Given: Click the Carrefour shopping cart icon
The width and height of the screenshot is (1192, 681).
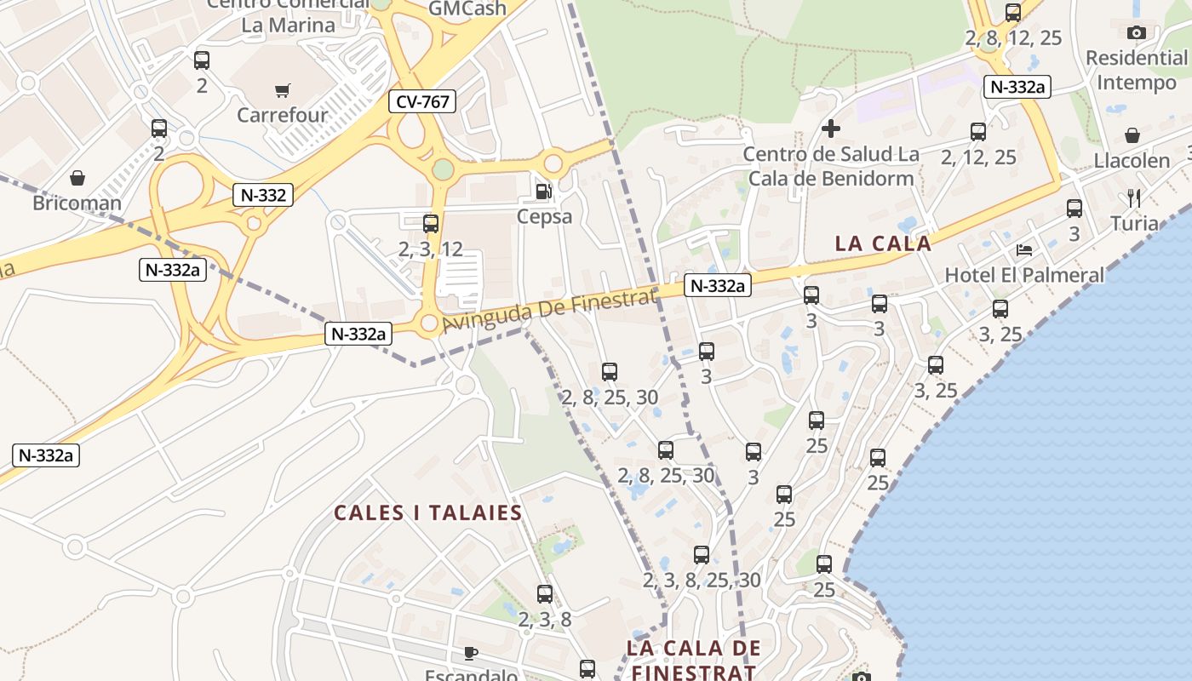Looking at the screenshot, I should tap(282, 90).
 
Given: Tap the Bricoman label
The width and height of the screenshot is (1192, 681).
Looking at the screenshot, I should tap(77, 203).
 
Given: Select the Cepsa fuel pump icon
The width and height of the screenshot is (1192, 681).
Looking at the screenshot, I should tap(543, 192).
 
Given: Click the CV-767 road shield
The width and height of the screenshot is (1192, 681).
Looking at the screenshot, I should tap(423, 102).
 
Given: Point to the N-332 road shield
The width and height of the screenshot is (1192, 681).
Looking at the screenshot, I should tap(263, 195).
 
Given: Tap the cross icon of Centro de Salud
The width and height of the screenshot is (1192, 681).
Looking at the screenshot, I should tap(831, 129).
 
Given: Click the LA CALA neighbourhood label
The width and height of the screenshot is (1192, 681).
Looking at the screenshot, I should tap(883, 243).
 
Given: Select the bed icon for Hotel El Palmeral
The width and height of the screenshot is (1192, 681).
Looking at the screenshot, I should tap(1024, 249).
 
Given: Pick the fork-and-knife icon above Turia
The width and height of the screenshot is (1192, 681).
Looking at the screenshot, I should tap(1134, 198).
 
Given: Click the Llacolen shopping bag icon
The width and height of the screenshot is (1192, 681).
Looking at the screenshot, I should tap(1132, 135).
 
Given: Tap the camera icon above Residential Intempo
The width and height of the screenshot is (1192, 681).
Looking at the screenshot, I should tap(1136, 33).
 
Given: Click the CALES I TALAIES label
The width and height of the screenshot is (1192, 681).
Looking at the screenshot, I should tap(427, 512).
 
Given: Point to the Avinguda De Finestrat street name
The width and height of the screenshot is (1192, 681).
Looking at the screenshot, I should tap(549, 311).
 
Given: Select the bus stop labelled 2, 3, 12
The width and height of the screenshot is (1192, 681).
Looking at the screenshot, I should tap(431, 224).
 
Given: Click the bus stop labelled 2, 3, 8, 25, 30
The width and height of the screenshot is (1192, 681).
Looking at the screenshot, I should tap(702, 555).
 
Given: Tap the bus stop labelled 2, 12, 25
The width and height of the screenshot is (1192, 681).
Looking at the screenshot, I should tap(978, 132).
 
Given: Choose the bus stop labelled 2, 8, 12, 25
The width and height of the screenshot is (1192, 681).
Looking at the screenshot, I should tap(1013, 13).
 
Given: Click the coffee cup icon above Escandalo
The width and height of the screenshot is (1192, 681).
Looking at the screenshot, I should tap(471, 654).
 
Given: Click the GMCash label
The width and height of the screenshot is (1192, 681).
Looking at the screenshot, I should tap(467, 9).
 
